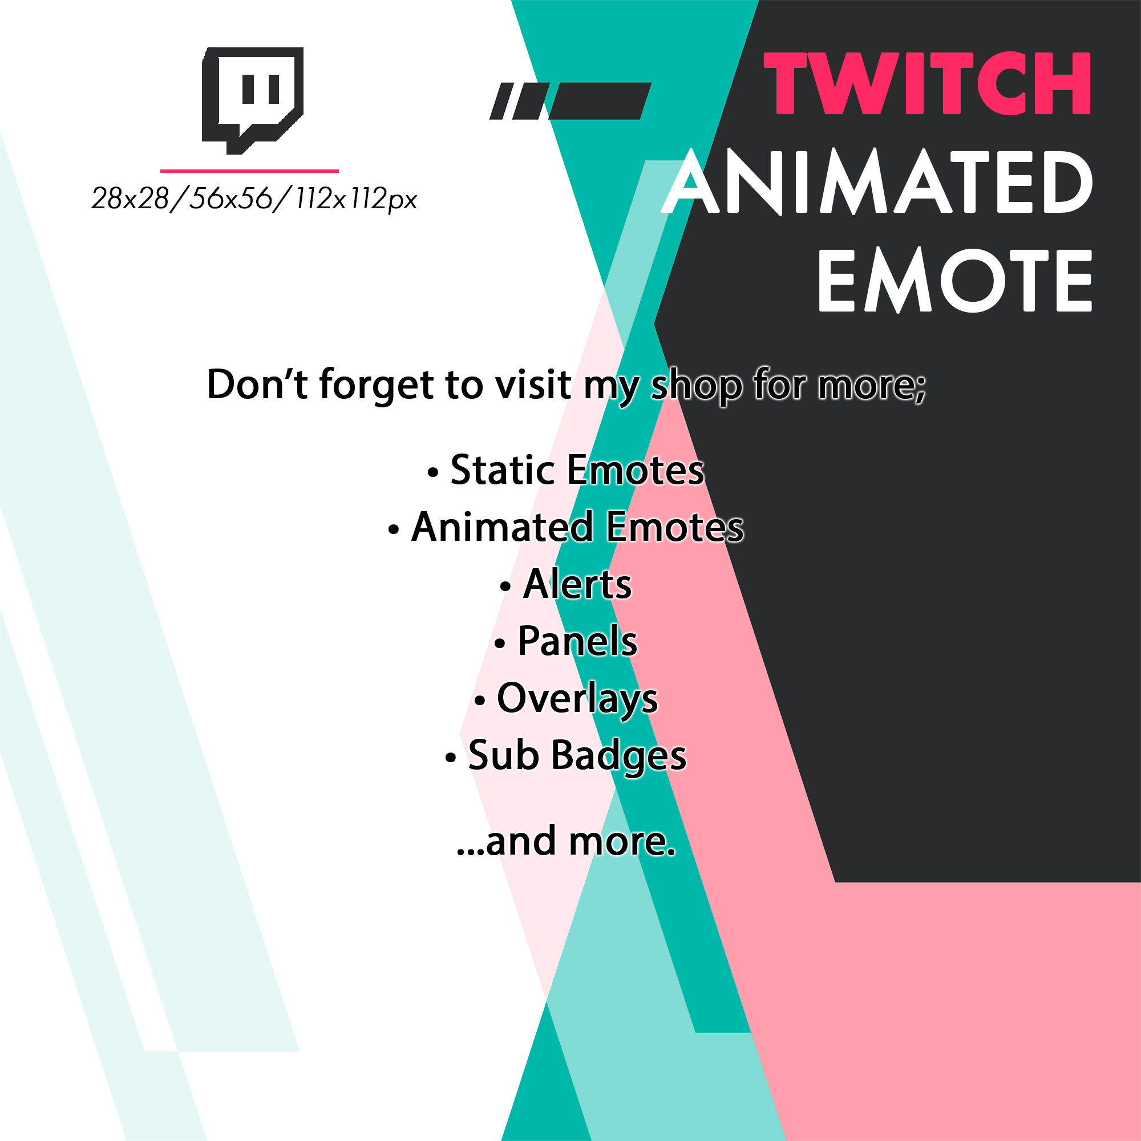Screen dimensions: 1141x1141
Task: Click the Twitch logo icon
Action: (x=252, y=99)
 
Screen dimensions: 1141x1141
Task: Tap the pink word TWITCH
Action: (x=926, y=83)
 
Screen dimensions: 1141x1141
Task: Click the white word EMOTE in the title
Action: (x=954, y=280)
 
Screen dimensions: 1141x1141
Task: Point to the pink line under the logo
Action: (x=249, y=171)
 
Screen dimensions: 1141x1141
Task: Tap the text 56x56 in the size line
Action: (x=229, y=199)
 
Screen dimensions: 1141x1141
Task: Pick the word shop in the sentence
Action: (x=695, y=385)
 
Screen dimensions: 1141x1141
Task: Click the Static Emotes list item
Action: (x=576, y=471)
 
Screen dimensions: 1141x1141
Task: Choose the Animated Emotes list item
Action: (x=576, y=527)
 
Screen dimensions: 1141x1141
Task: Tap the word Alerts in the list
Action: (x=576, y=585)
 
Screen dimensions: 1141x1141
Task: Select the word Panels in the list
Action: (x=576, y=641)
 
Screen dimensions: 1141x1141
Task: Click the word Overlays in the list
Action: (x=576, y=699)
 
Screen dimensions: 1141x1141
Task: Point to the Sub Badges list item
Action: (x=576, y=755)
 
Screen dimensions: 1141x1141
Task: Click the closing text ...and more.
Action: (x=566, y=841)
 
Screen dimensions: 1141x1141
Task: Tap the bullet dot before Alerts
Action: (x=505, y=587)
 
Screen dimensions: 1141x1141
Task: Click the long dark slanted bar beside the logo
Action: (x=600, y=101)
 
